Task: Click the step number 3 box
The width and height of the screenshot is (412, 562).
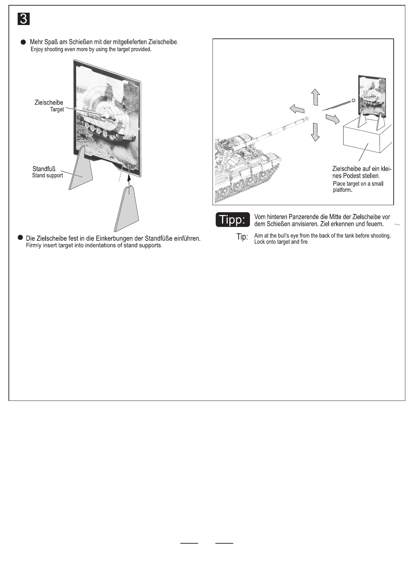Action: tap(23, 19)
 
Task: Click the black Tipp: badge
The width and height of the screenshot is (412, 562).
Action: tap(233, 220)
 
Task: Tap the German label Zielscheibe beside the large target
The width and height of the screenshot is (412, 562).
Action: tap(49, 103)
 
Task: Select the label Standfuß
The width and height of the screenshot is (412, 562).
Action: tap(44, 169)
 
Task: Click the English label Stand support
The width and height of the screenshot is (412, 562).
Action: tap(47, 176)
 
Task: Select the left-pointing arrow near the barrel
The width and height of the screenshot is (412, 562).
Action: tap(297, 109)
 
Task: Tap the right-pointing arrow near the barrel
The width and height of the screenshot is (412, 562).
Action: tap(332, 119)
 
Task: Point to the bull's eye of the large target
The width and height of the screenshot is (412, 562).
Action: tap(105, 115)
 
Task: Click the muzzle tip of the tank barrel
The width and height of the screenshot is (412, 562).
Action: tap(308, 118)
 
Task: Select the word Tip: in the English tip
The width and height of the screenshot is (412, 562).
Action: tap(242, 237)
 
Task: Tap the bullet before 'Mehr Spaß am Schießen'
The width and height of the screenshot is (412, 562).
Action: tap(23, 42)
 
